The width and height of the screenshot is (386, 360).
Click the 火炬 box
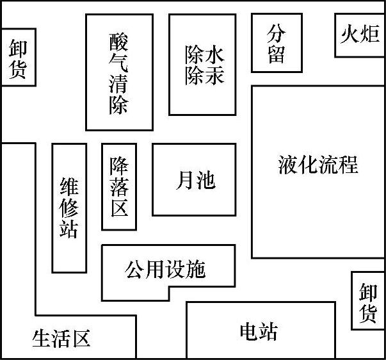(360, 35)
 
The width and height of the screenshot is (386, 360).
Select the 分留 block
(276, 43)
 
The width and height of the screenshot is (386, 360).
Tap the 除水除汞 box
(204, 65)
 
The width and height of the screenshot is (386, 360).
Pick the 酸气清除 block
(119, 72)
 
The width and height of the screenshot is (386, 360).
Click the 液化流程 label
(318, 165)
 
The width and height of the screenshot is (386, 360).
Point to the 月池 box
(193, 180)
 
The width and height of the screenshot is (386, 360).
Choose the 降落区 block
(118, 186)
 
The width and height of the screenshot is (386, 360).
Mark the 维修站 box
(68, 208)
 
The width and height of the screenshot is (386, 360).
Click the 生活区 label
(61, 338)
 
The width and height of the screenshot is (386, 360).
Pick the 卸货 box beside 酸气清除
(17, 58)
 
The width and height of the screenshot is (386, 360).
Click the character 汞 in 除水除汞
(214, 76)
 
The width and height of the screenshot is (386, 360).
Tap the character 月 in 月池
(184, 180)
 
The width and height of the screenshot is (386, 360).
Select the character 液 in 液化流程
(288, 165)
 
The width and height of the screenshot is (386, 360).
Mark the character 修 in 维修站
(68, 208)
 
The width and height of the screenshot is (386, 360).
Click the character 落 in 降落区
(118, 186)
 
